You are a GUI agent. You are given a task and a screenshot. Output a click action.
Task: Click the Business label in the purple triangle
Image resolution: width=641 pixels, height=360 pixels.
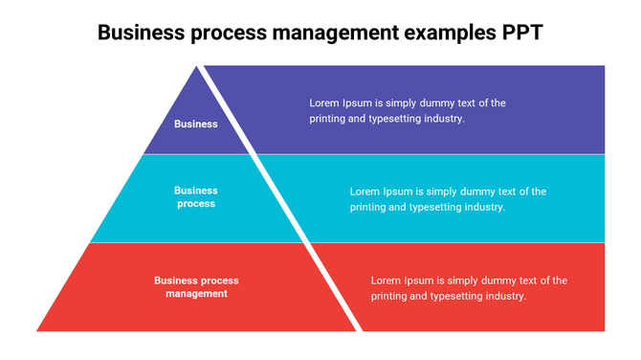pyautogui.click(x=195, y=124)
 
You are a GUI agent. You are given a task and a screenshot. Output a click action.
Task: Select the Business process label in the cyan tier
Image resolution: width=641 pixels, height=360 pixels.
pyautogui.click(x=195, y=197)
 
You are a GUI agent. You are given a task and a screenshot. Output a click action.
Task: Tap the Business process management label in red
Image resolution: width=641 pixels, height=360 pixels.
pyautogui.click(x=196, y=287)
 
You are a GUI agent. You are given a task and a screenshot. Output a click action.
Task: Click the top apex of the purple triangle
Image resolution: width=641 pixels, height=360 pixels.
pyautogui.click(x=197, y=67)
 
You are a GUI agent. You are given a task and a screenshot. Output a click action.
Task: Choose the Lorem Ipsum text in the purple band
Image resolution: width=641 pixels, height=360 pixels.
pyautogui.click(x=407, y=111)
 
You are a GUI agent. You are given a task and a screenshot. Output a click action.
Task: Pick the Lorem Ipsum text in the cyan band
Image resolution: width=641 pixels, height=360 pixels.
pyautogui.click(x=448, y=198)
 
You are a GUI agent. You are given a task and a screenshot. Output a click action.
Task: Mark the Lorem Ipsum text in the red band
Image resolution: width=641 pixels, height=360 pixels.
pyautogui.click(x=469, y=288)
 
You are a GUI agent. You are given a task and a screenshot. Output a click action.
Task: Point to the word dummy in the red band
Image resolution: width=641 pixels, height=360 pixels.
pyautogui.click(x=486, y=281)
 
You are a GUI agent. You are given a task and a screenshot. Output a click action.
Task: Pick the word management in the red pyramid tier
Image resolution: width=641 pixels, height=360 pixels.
pyautogui.click(x=196, y=294)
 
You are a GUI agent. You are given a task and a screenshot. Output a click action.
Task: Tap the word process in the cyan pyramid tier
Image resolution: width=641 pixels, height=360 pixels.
pyautogui.click(x=195, y=204)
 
